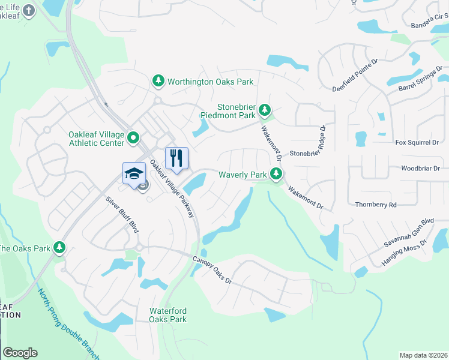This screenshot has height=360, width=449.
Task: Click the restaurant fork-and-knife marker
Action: (176, 158)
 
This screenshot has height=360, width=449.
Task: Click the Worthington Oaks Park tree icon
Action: (158, 81)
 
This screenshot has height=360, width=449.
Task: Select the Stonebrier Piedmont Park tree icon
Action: (265, 110)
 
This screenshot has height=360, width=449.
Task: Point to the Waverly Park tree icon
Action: (276, 175)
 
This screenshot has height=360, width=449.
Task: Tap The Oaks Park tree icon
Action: (59, 247)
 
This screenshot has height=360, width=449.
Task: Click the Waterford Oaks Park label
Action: (168, 315)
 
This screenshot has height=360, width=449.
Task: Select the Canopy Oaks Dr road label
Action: (211, 271)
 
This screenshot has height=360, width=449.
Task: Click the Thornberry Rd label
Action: (376, 205)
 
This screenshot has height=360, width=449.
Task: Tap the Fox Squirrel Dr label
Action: (417, 143)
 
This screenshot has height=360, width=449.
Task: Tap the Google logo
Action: (20, 353)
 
